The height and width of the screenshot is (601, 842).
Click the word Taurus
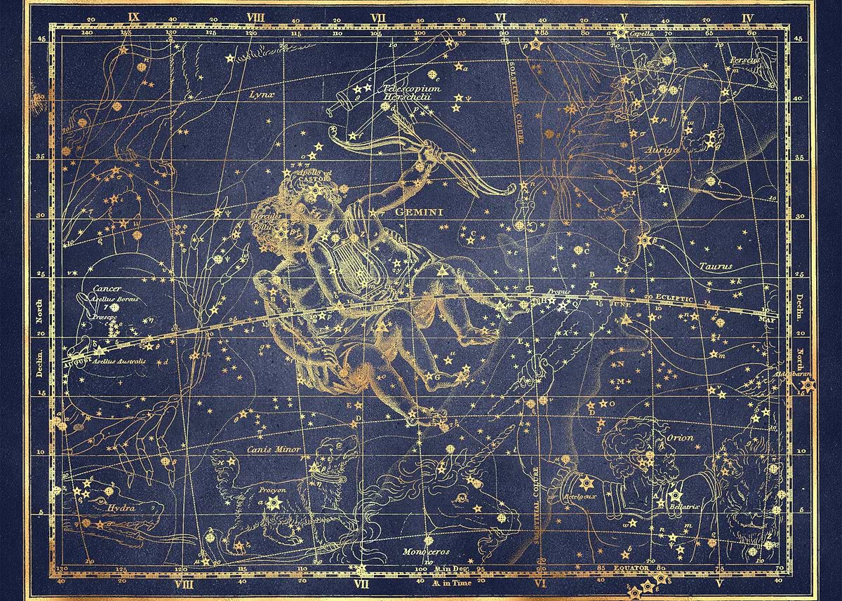715,266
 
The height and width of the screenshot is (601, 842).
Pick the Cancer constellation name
107,288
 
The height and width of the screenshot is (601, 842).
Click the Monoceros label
425,551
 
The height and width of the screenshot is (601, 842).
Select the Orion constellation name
679,438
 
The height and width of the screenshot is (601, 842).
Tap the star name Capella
641,33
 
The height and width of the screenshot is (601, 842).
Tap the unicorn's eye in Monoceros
460,498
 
